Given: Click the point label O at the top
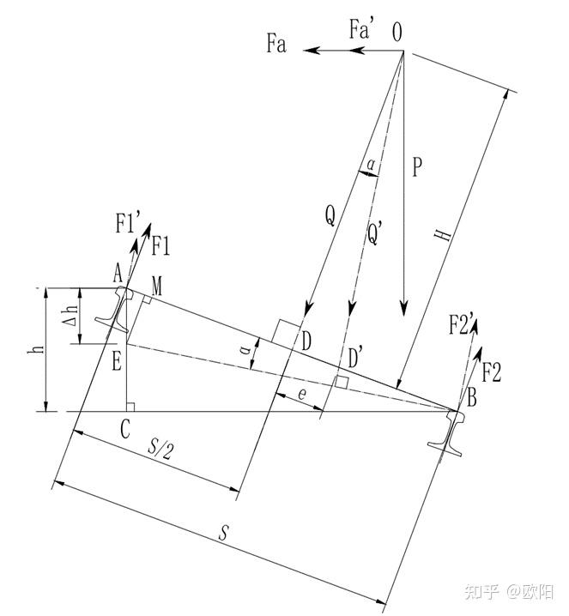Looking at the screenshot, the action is [x=397, y=32].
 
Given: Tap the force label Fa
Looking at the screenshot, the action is [x=276, y=44].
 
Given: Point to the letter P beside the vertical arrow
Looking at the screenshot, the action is [x=416, y=167].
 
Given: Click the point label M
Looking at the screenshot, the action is [x=157, y=284].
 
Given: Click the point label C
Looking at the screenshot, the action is [x=125, y=430].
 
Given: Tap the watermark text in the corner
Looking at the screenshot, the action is [x=508, y=592].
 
